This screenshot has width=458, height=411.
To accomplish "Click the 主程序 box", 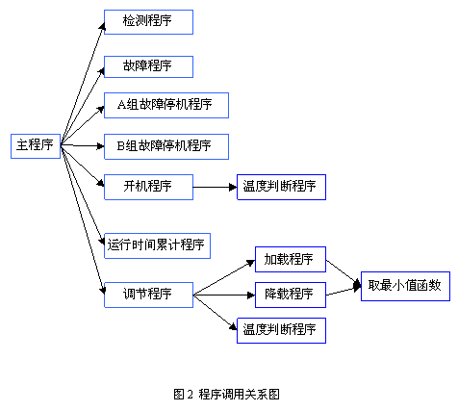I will click(36, 146).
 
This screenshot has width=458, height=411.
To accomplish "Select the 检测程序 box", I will click(148, 21).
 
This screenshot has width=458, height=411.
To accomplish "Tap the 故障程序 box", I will click(148, 66).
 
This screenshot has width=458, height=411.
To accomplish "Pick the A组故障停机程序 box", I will click(165, 105).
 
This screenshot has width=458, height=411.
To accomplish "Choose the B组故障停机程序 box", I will click(165, 146).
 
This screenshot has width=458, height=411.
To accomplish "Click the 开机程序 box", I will click(148, 187).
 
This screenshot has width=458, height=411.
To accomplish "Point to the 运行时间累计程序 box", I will click(156, 244).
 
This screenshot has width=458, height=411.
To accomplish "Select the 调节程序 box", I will click(148, 294).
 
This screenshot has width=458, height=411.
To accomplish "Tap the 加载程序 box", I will click(290, 259).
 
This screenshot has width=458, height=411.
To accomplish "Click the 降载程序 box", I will click(290, 294).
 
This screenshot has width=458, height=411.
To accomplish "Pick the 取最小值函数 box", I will click(405, 285).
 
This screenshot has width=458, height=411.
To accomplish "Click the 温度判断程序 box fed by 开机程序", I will click(281, 187).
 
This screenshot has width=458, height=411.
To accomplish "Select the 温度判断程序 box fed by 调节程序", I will click(281, 330).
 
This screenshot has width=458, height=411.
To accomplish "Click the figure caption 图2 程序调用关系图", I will click(227, 394).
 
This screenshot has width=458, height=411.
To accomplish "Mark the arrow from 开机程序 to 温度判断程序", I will click(215, 187).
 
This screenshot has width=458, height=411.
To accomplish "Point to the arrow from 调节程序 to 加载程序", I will click(223, 277).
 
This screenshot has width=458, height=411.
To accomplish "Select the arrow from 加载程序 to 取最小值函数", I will click(343, 272).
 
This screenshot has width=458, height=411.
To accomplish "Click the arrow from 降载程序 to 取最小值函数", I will click(343, 290).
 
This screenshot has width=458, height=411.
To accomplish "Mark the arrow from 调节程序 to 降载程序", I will click(223, 294).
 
